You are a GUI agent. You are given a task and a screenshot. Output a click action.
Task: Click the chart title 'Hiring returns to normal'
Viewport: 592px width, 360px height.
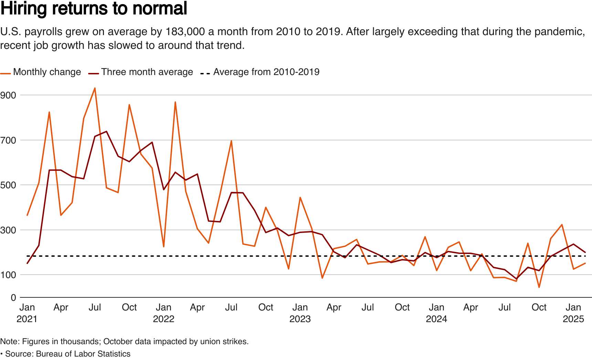click(94, 9)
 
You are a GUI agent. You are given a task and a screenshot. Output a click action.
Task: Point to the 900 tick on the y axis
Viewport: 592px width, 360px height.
click(8, 95)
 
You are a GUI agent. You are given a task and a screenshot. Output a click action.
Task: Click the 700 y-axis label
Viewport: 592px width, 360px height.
click(8, 140)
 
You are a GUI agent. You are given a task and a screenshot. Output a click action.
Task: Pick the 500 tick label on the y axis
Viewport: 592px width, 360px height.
click(8, 185)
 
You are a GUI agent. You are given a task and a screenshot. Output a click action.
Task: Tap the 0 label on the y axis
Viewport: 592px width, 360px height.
click(13, 298)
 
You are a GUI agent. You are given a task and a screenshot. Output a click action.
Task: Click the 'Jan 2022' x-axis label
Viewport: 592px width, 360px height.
click(163, 313)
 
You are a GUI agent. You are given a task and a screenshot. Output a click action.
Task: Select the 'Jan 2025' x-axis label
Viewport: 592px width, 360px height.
click(573, 313)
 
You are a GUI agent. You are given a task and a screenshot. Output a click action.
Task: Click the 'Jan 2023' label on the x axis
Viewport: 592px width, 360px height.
click(300, 313)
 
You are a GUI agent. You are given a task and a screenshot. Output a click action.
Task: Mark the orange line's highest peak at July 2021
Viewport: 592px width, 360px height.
click(95, 88)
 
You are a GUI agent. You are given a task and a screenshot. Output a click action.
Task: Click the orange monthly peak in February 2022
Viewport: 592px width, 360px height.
click(175, 102)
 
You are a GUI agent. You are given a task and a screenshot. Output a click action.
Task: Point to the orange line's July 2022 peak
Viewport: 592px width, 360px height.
click(231, 140)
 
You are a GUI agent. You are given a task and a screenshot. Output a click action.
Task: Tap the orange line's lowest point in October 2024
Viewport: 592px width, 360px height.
click(539, 287)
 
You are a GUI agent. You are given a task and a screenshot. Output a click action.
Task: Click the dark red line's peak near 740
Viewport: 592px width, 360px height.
click(106, 131)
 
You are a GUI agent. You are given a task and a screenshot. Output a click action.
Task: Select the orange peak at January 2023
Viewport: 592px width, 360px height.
click(300, 198)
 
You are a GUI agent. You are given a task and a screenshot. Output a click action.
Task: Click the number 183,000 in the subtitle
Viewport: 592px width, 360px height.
click(185, 32)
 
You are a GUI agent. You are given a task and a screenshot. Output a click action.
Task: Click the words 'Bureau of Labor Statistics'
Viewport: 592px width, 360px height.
click(83, 354)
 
